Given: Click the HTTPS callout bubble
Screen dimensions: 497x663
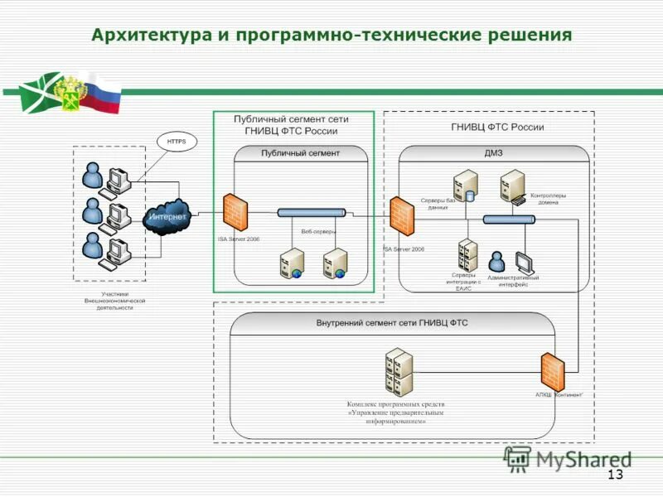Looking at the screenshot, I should pyautogui.click(x=176, y=142).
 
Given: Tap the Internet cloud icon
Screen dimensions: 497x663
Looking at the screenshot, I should pyautogui.click(x=167, y=216).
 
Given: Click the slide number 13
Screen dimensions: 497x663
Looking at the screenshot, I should pyautogui.click(x=615, y=475).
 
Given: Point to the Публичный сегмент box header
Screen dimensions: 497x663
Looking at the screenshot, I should pyautogui.click(x=300, y=153).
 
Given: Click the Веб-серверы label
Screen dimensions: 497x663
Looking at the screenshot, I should pyautogui.click(x=318, y=232).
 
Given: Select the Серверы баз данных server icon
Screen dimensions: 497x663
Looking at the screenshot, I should pyautogui.click(x=465, y=186).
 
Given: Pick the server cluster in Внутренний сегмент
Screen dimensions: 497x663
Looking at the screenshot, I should pyautogui.click(x=399, y=374).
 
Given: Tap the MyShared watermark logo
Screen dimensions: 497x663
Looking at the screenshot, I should pyautogui.click(x=568, y=459).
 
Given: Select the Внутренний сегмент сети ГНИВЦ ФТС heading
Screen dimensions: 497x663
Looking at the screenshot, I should pyautogui.click(x=392, y=323).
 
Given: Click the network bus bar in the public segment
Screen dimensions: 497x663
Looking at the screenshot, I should pyautogui.click(x=312, y=213).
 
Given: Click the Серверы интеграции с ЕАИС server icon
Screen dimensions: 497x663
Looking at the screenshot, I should pyautogui.click(x=468, y=255).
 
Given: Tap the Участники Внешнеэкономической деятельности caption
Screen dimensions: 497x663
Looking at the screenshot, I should pyautogui.click(x=115, y=300).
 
